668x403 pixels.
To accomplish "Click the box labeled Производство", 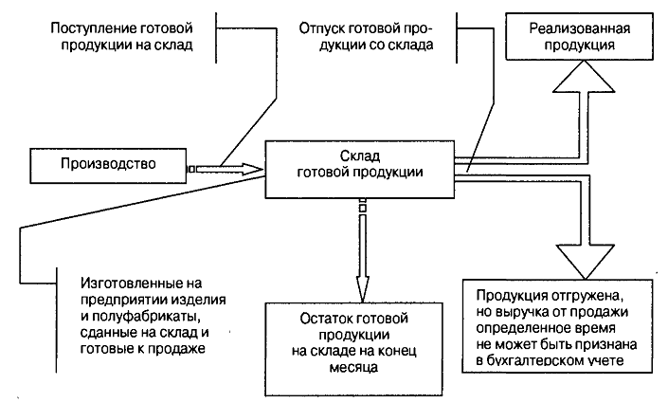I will click(x=108, y=164).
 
